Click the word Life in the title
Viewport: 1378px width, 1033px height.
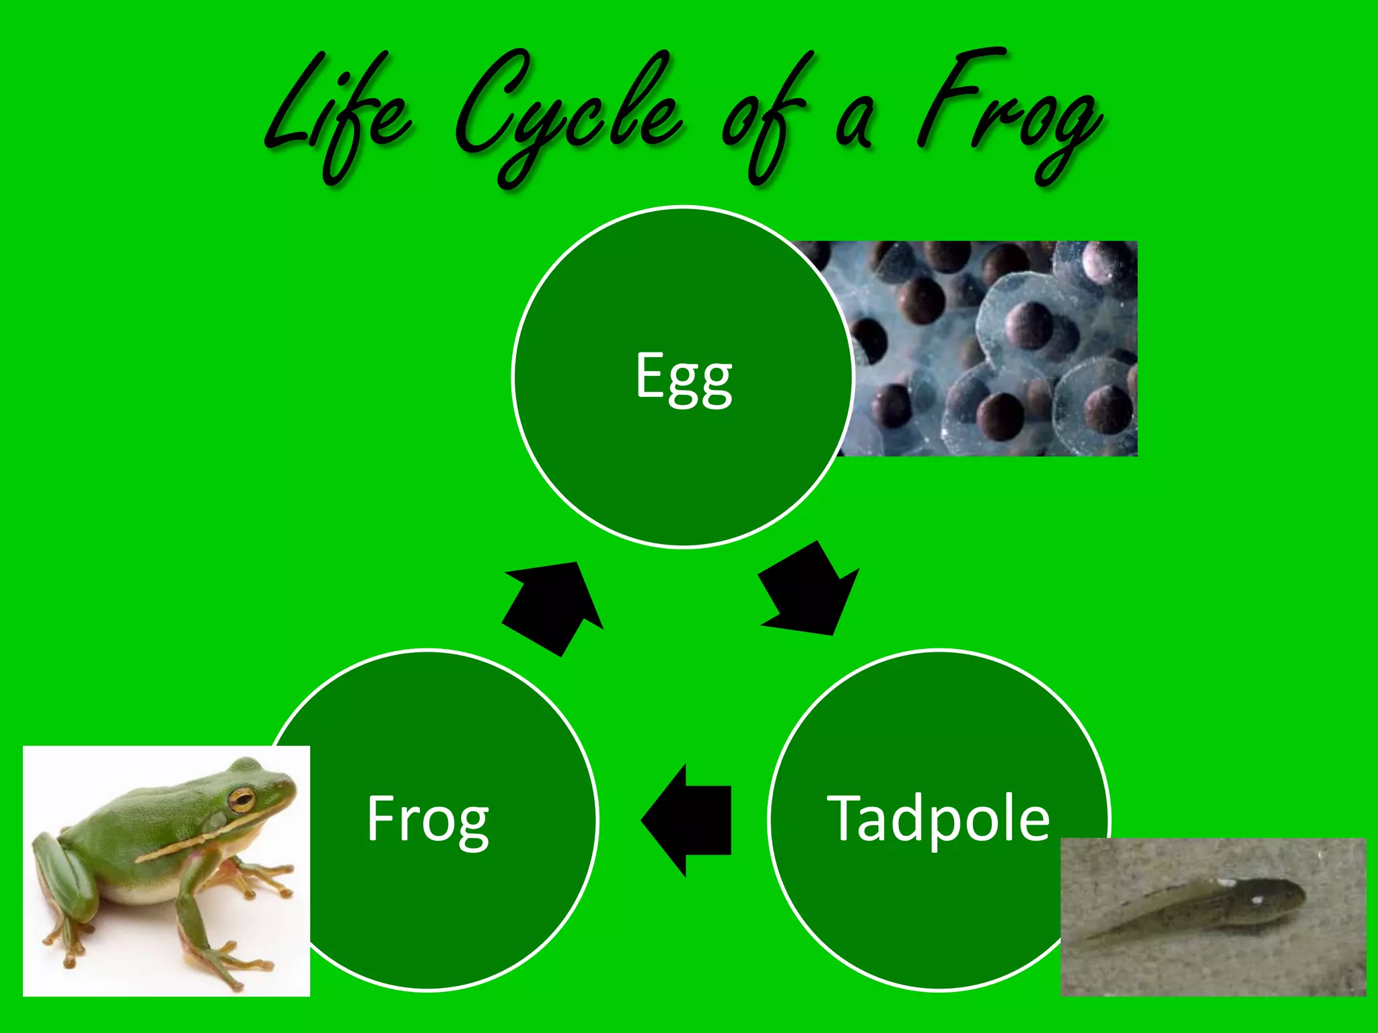[336, 114]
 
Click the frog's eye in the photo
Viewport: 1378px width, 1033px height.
[241, 800]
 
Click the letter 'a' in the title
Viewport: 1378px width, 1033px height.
[855, 124]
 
